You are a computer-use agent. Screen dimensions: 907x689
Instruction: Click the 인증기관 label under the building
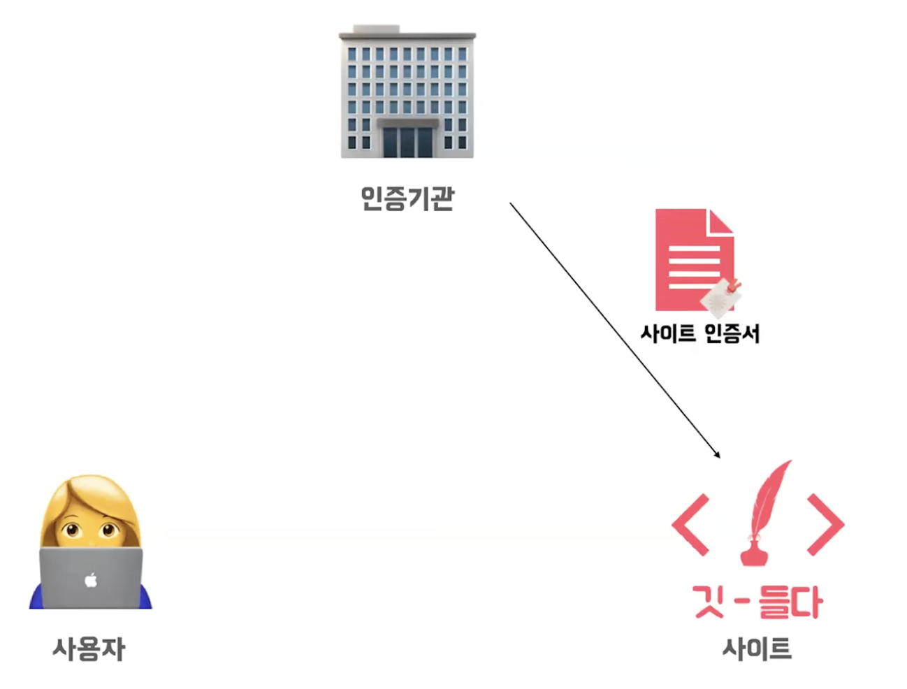(407, 198)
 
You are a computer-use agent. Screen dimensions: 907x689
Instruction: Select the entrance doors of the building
(407, 140)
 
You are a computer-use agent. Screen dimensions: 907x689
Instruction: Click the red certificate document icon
(688, 259)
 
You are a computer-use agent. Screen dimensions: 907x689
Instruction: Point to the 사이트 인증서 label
(699, 333)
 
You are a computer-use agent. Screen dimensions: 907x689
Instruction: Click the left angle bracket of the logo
(690, 524)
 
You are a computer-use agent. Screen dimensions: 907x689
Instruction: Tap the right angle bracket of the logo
(825, 524)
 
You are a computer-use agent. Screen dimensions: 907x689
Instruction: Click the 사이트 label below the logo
(757, 649)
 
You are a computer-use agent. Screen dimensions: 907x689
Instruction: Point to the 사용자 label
(89, 649)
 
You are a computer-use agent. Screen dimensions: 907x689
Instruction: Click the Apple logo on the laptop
(90, 579)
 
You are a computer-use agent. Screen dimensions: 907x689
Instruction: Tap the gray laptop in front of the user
(91, 587)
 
